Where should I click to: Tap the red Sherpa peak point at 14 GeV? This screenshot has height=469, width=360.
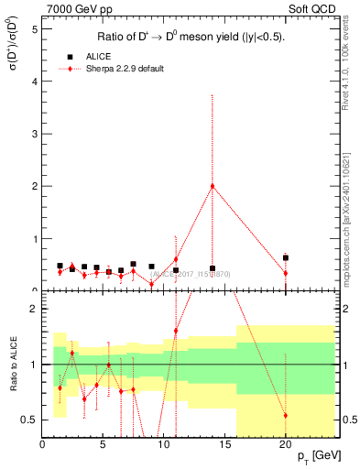point(213,186)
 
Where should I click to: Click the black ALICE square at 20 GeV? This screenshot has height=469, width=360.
point(286,258)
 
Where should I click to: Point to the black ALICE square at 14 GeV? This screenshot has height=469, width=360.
point(213,268)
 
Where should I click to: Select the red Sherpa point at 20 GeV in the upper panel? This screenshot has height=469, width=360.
point(286,273)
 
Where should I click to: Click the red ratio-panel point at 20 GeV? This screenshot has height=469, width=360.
point(286,415)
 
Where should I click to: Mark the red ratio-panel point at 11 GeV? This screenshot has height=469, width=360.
point(176,331)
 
